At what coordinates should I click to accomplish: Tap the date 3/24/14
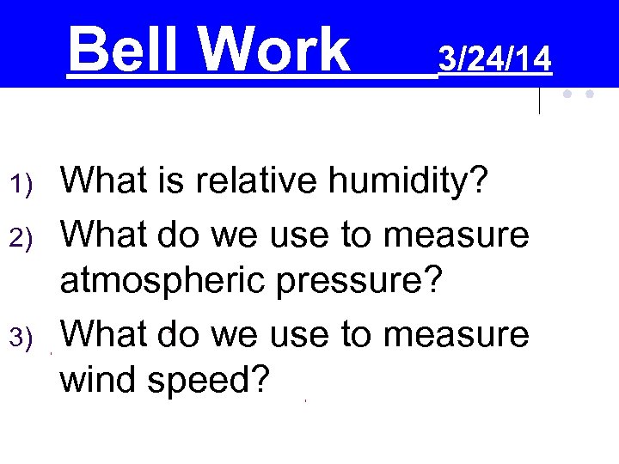point(494,59)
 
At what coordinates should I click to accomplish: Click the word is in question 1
point(168,182)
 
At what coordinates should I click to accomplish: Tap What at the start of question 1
point(101,182)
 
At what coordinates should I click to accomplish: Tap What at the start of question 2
point(101,234)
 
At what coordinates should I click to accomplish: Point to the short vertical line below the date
point(539,101)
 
